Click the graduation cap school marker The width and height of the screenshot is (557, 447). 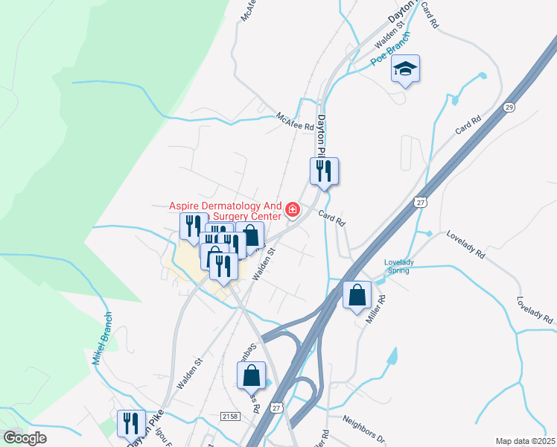coord(405,69)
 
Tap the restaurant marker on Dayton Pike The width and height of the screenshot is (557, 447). coord(324,171)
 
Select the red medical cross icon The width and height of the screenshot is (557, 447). coord(293,211)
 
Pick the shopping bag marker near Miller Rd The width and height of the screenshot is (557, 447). coord(357,294)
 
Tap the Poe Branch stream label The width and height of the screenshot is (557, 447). coord(390,50)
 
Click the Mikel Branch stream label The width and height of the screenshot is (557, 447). coord(101,338)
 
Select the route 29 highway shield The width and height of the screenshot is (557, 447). coord(509,109)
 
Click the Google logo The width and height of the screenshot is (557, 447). coord(25,437)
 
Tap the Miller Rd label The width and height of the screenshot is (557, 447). coord(375,308)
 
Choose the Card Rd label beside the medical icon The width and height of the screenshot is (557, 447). coord(333,218)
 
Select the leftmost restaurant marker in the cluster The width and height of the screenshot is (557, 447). coord(194,226)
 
